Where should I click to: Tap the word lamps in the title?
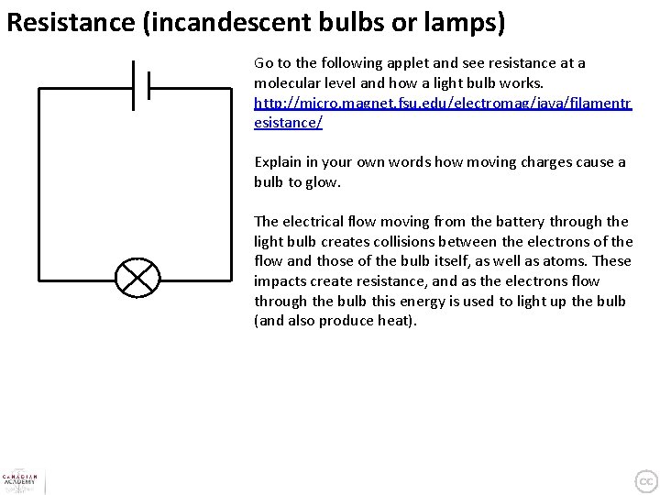(462, 21)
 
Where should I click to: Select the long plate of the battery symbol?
(134, 86)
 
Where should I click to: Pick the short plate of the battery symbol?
(148, 86)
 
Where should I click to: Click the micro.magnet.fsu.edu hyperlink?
(443, 104)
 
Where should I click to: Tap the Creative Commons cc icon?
(645, 479)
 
